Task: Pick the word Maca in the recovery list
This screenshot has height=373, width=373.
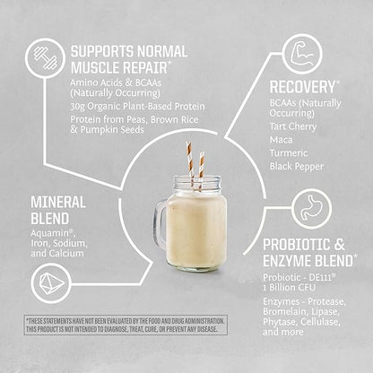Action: pyautogui.click(x=282, y=139)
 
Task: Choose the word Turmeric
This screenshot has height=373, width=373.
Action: pyautogui.click(x=290, y=152)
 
